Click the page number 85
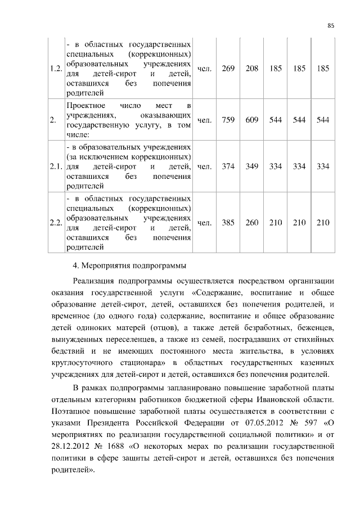click(331, 25)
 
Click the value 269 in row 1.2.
click(228, 69)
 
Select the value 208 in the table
click(252, 69)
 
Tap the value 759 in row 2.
click(228, 120)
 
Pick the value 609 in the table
click(252, 120)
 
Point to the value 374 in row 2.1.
click(228, 167)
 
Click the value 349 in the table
click(252, 167)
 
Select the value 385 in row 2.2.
click(228, 223)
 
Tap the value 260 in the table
click(252, 223)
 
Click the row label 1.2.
click(55, 69)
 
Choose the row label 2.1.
click(55, 167)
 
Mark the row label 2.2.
click(55, 223)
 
